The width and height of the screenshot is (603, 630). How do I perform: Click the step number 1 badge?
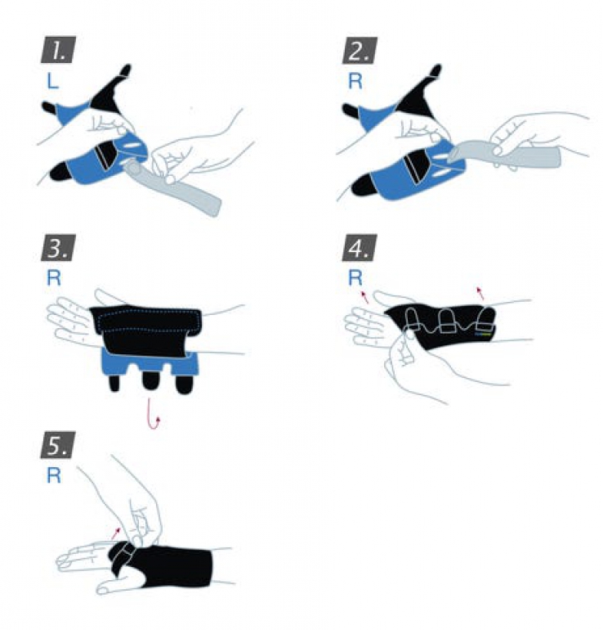click(58, 50)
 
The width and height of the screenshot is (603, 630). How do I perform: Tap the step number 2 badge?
click(360, 50)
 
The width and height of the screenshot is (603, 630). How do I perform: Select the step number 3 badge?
click(58, 247)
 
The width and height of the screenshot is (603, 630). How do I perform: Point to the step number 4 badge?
click(360, 247)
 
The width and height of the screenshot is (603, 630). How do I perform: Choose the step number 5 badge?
click(58, 445)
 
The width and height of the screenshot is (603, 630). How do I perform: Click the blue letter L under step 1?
click(52, 81)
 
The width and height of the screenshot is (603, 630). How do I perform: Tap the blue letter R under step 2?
click(355, 81)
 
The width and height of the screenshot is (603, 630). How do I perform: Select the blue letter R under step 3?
click(54, 277)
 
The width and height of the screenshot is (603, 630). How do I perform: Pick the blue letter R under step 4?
click(355, 277)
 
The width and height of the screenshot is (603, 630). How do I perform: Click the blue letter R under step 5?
click(54, 475)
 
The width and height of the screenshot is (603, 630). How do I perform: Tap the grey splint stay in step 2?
click(506, 155)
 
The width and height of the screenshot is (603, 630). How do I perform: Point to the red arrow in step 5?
click(116, 533)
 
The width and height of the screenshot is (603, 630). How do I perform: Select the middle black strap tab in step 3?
click(150, 380)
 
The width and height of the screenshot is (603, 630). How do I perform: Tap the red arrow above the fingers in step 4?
click(364, 296)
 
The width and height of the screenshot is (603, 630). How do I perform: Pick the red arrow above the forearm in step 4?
click(480, 293)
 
